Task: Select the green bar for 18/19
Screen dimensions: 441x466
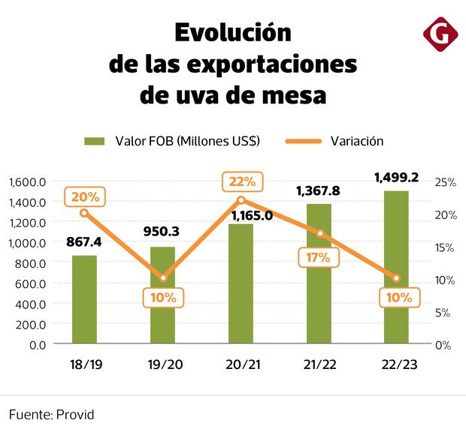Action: pyautogui.click(x=84, y=300)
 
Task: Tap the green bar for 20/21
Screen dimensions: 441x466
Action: pyautogui.click(x=241, y=285)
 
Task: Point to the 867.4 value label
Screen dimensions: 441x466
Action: pyautogui.click(x=84, y=243)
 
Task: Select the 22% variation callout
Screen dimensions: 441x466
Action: pyautogui.click(x=241, y=181)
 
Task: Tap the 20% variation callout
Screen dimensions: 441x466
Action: pyautogui.click(x=85, y=196)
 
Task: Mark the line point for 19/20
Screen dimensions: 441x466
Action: pyautogui.click(x=163, y=278)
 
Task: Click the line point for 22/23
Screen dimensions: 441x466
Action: pyautogui.click(x=396, y=278)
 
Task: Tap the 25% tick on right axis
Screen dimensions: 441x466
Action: pyautogui.click(x=446, y=182)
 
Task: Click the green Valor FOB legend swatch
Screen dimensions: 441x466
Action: pyautogui.click(x=94, y=141)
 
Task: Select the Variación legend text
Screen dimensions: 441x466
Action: pyautogui.click(x=357, y=141)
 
